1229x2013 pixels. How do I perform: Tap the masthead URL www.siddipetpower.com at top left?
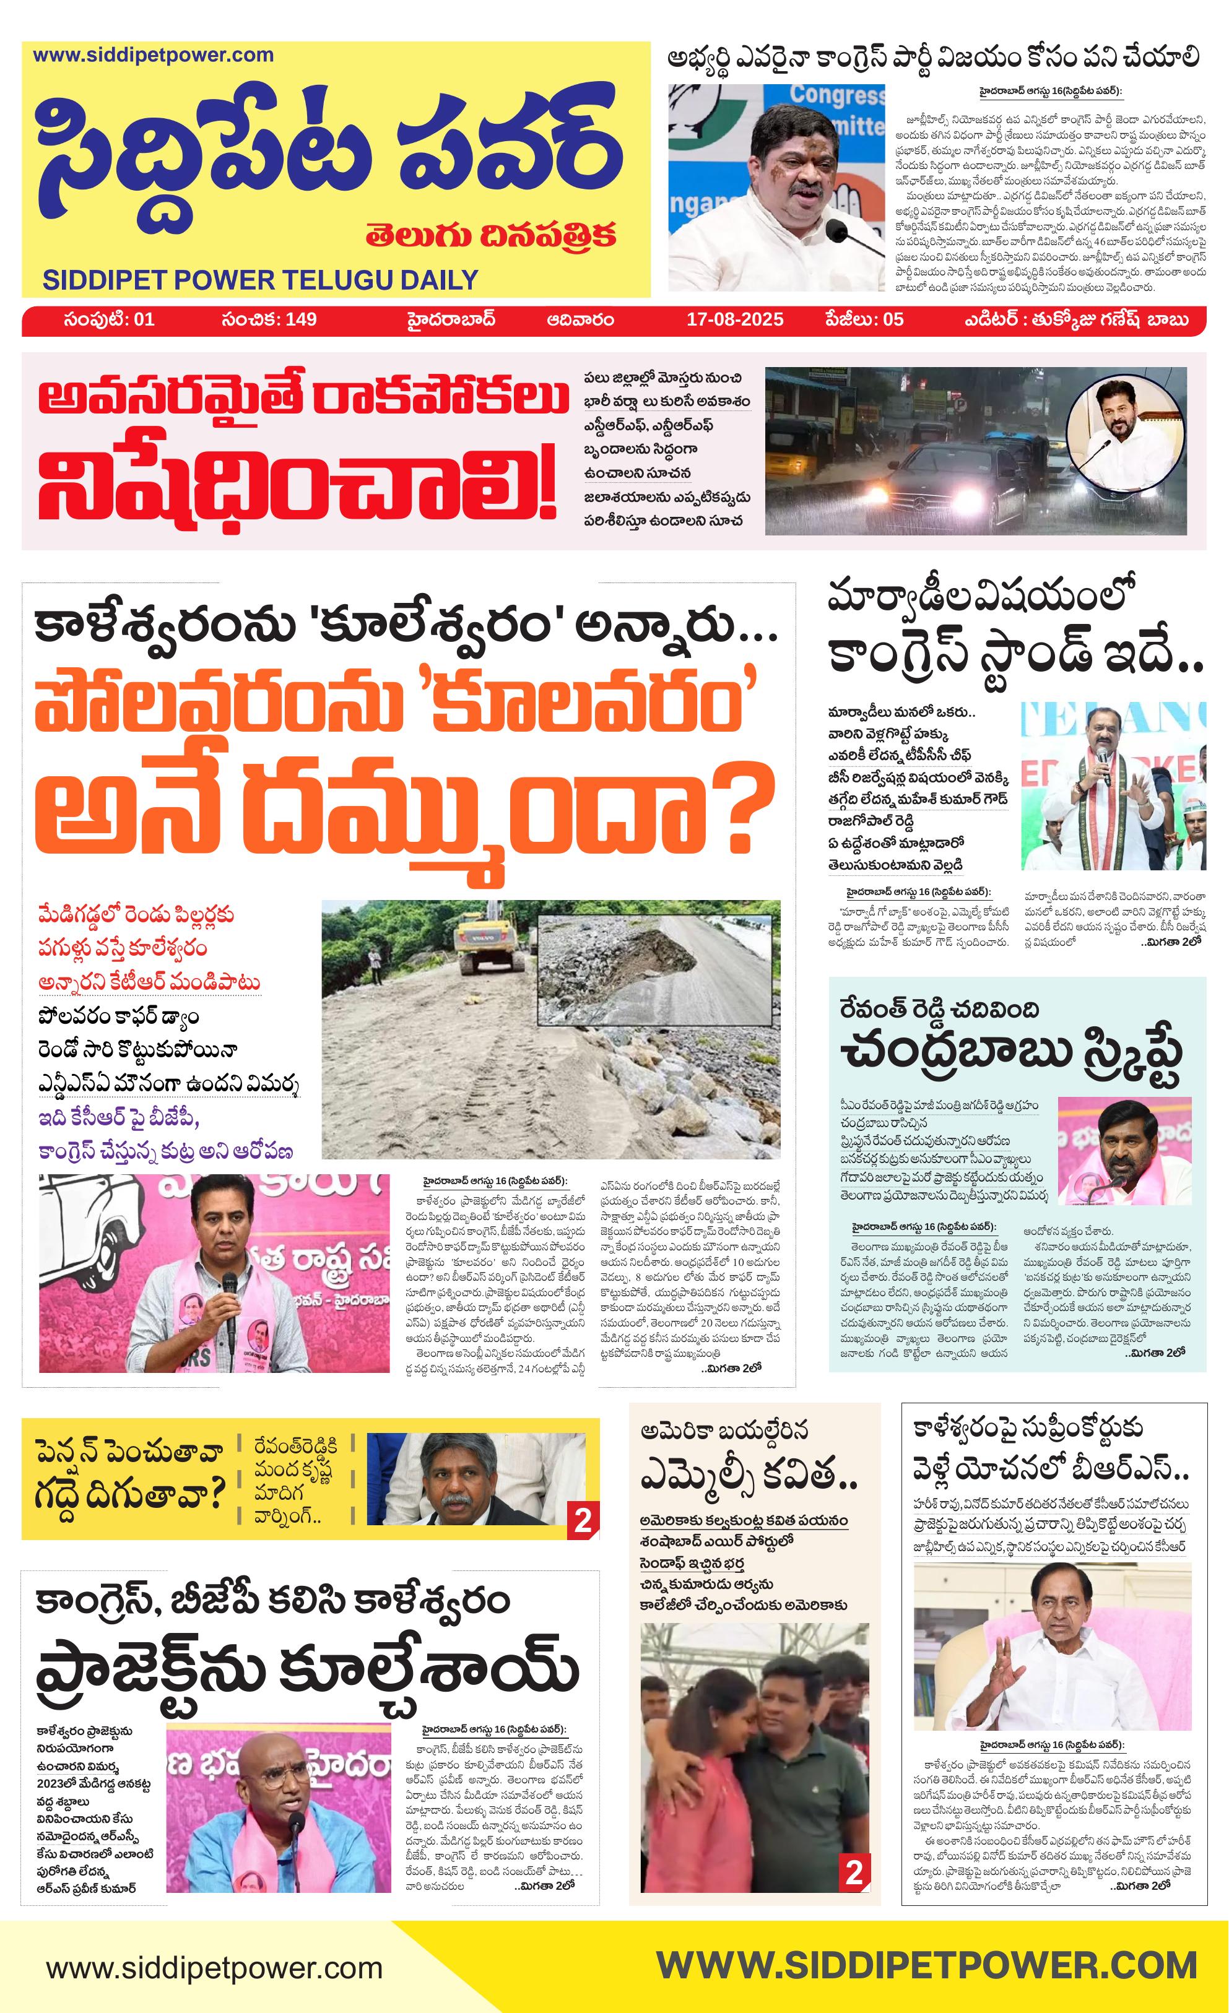[153, 56]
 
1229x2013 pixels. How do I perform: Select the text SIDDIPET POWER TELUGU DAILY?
[260, 280]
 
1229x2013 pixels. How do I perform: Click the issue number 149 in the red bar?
[302, 319]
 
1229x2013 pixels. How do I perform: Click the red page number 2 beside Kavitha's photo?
[854, 1872]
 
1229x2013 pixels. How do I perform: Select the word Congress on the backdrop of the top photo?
[835, 95]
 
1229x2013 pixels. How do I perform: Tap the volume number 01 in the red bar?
[143, 319]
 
